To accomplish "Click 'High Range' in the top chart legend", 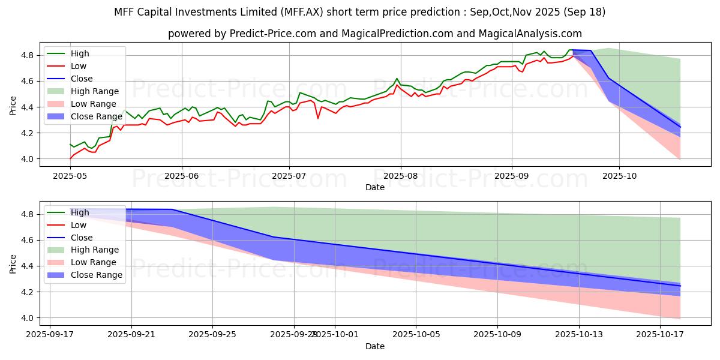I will tap(98, 91).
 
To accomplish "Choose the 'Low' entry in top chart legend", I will tap(79, 66).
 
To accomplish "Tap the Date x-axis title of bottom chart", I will tap(375, 346).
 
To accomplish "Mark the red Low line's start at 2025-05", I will tap(70, 158).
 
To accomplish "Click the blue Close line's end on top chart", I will tap(680, 127).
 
